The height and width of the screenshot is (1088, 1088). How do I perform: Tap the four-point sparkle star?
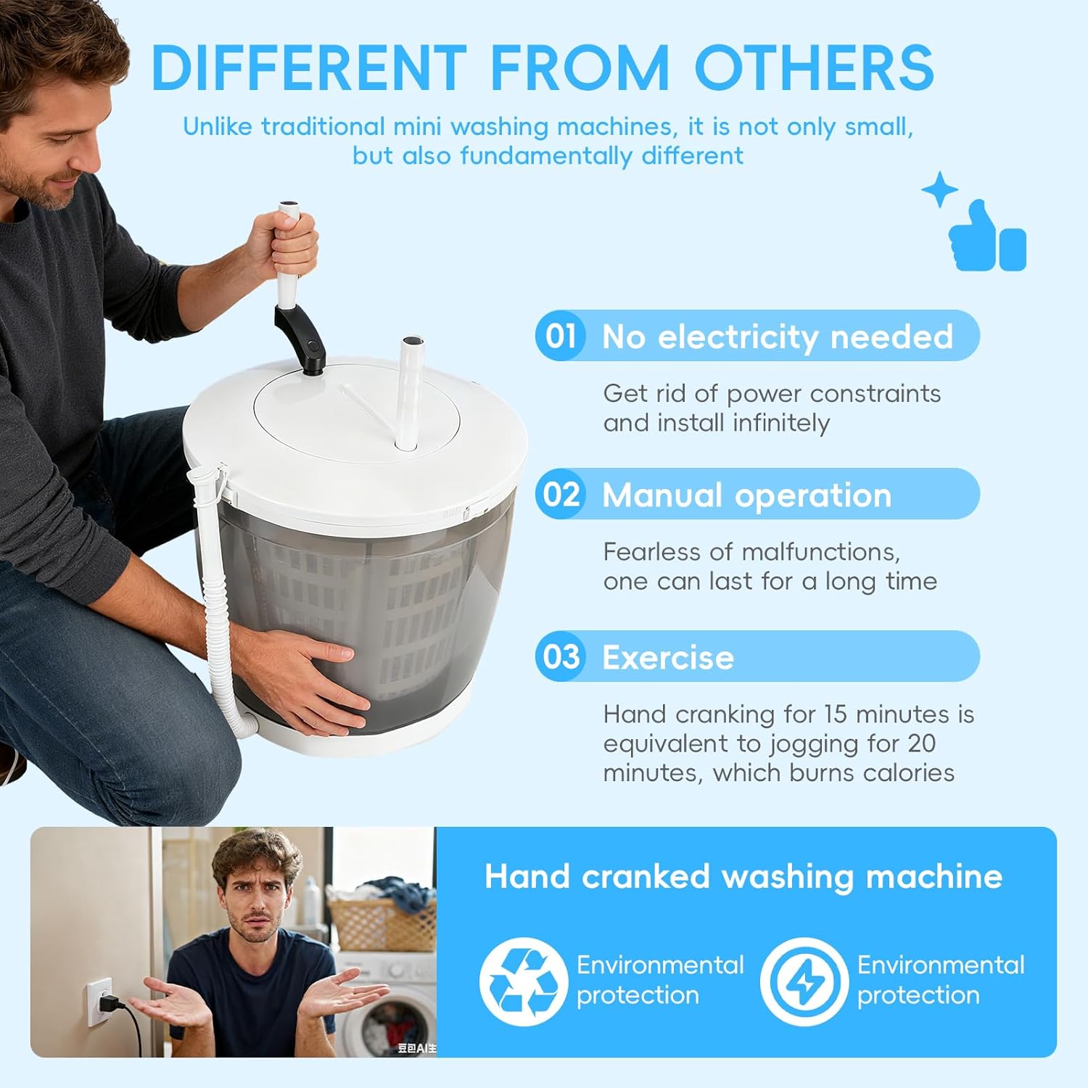pos(940,189)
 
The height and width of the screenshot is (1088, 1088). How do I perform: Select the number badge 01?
pos(561,336)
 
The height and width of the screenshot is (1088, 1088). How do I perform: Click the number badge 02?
pos(561,494)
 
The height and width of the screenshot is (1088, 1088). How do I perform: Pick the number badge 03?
pos(561,656)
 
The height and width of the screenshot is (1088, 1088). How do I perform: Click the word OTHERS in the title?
pos(814,68)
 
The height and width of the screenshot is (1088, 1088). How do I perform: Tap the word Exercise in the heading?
pos(668,658)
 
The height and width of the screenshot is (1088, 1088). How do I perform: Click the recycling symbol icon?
pos(522,981)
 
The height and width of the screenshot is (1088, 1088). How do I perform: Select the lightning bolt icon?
pos(804,981)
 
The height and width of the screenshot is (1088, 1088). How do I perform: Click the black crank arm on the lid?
pos(300,336)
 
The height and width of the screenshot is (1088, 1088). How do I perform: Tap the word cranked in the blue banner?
pos(646,876)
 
